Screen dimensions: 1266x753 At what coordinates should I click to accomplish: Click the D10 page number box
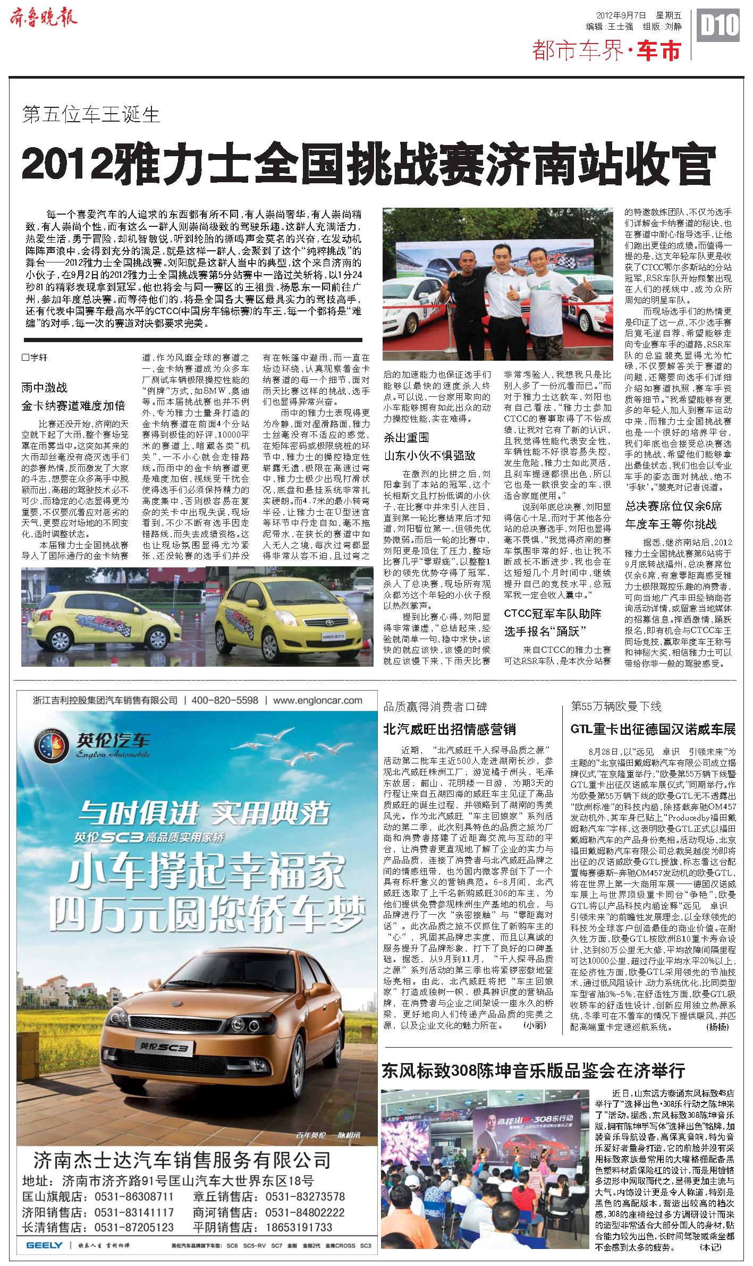coord(720,25)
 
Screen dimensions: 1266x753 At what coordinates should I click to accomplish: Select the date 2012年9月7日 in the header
coord(623,16)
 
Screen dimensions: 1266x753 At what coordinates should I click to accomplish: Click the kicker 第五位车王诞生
coord(91,114)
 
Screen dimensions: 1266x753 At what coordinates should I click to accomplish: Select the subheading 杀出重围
coord(406,438)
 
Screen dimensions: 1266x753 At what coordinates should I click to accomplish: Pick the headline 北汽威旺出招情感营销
coord(450,729)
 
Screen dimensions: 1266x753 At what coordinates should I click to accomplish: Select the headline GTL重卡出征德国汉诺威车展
coord(653,729)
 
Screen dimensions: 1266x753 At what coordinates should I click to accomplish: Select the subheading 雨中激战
coord(45,388)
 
